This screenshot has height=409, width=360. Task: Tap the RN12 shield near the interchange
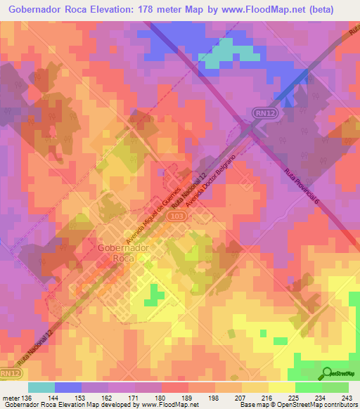(261, 112)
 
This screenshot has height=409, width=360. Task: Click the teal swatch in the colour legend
(41, 387)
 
